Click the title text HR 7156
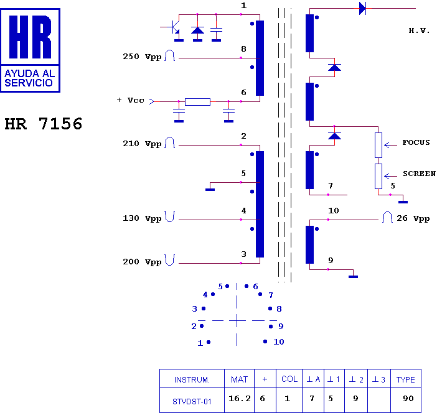43,124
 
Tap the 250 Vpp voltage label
142,57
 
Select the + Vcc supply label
130,100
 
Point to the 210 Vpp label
142,144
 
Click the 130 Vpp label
142,218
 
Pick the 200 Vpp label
142,262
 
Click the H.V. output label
419,30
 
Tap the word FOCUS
416,142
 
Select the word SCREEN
419,174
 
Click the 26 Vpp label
413,218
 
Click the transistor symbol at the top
174,27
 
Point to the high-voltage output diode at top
362,8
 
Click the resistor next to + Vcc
197,101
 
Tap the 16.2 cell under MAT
240,399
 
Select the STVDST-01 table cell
192,401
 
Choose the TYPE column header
406,379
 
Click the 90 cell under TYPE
408,399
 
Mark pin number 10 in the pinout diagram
278,341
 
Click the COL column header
289,379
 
